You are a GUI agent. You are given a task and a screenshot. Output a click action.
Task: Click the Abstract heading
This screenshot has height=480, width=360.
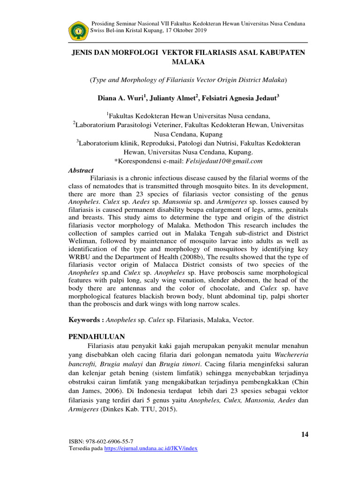point(81,171)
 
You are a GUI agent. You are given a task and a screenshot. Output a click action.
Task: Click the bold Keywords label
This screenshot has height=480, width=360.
point(85,319)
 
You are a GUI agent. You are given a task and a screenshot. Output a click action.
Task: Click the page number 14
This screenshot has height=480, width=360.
point(305,435)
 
